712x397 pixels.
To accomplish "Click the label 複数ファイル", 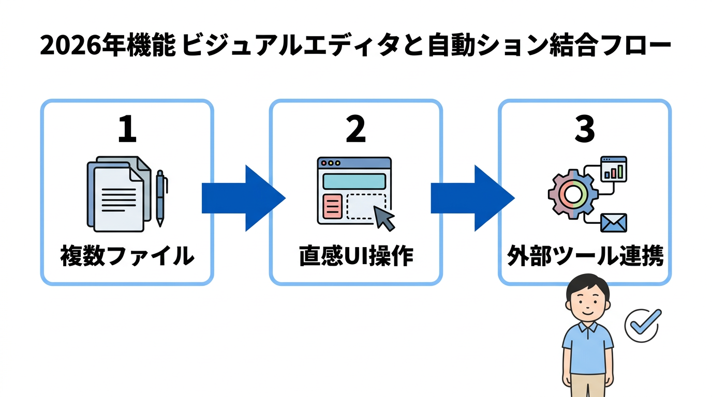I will pos(127,256).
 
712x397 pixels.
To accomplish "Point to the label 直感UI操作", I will pos(356,256).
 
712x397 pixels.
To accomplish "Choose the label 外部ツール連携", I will pos(585,256).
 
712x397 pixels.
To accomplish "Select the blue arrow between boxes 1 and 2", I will pos(242,198).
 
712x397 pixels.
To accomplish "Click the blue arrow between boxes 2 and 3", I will pos(471,198).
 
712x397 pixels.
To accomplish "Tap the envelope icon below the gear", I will pos(614,223).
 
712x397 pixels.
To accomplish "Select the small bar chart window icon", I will pos(613,169).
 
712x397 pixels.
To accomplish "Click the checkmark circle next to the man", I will pos(642,325).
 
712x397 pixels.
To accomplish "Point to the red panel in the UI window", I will pos(332,207).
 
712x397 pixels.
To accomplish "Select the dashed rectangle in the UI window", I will pos(366,206).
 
